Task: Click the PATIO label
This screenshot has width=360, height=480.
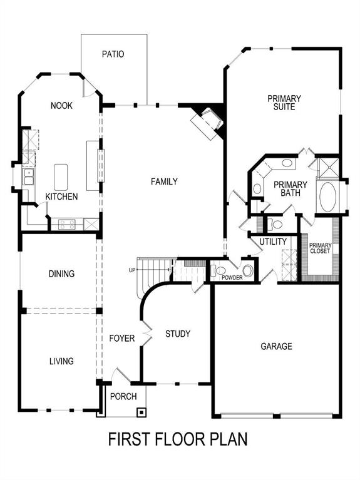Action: click(113, 54)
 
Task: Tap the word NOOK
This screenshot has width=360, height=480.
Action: click(61, 106)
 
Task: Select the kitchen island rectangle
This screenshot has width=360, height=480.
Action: click(61, 176)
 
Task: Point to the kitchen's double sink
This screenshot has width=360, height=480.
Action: click(28, 177)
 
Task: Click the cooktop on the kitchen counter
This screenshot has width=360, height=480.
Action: click(67, 223)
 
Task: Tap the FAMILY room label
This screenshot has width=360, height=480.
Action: click(164, 181)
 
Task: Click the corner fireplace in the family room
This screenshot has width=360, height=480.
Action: click(208, 123)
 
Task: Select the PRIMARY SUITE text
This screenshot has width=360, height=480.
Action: click(284, 103)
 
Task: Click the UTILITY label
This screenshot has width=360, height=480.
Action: click(273, 242)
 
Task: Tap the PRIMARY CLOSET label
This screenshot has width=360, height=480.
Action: click(320, 248)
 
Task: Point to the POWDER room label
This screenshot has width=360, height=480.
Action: click(232, 277)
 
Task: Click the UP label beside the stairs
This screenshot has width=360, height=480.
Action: click(131, 270)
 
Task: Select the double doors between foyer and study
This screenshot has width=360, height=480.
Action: click(148, 335)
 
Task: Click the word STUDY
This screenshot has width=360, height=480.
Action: click(178, 334)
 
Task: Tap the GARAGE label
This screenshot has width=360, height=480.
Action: click(276, 346)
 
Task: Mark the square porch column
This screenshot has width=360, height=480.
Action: click(141, 412)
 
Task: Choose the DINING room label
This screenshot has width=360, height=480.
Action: click(61, 273)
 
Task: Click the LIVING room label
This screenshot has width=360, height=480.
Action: click(61, 361)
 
